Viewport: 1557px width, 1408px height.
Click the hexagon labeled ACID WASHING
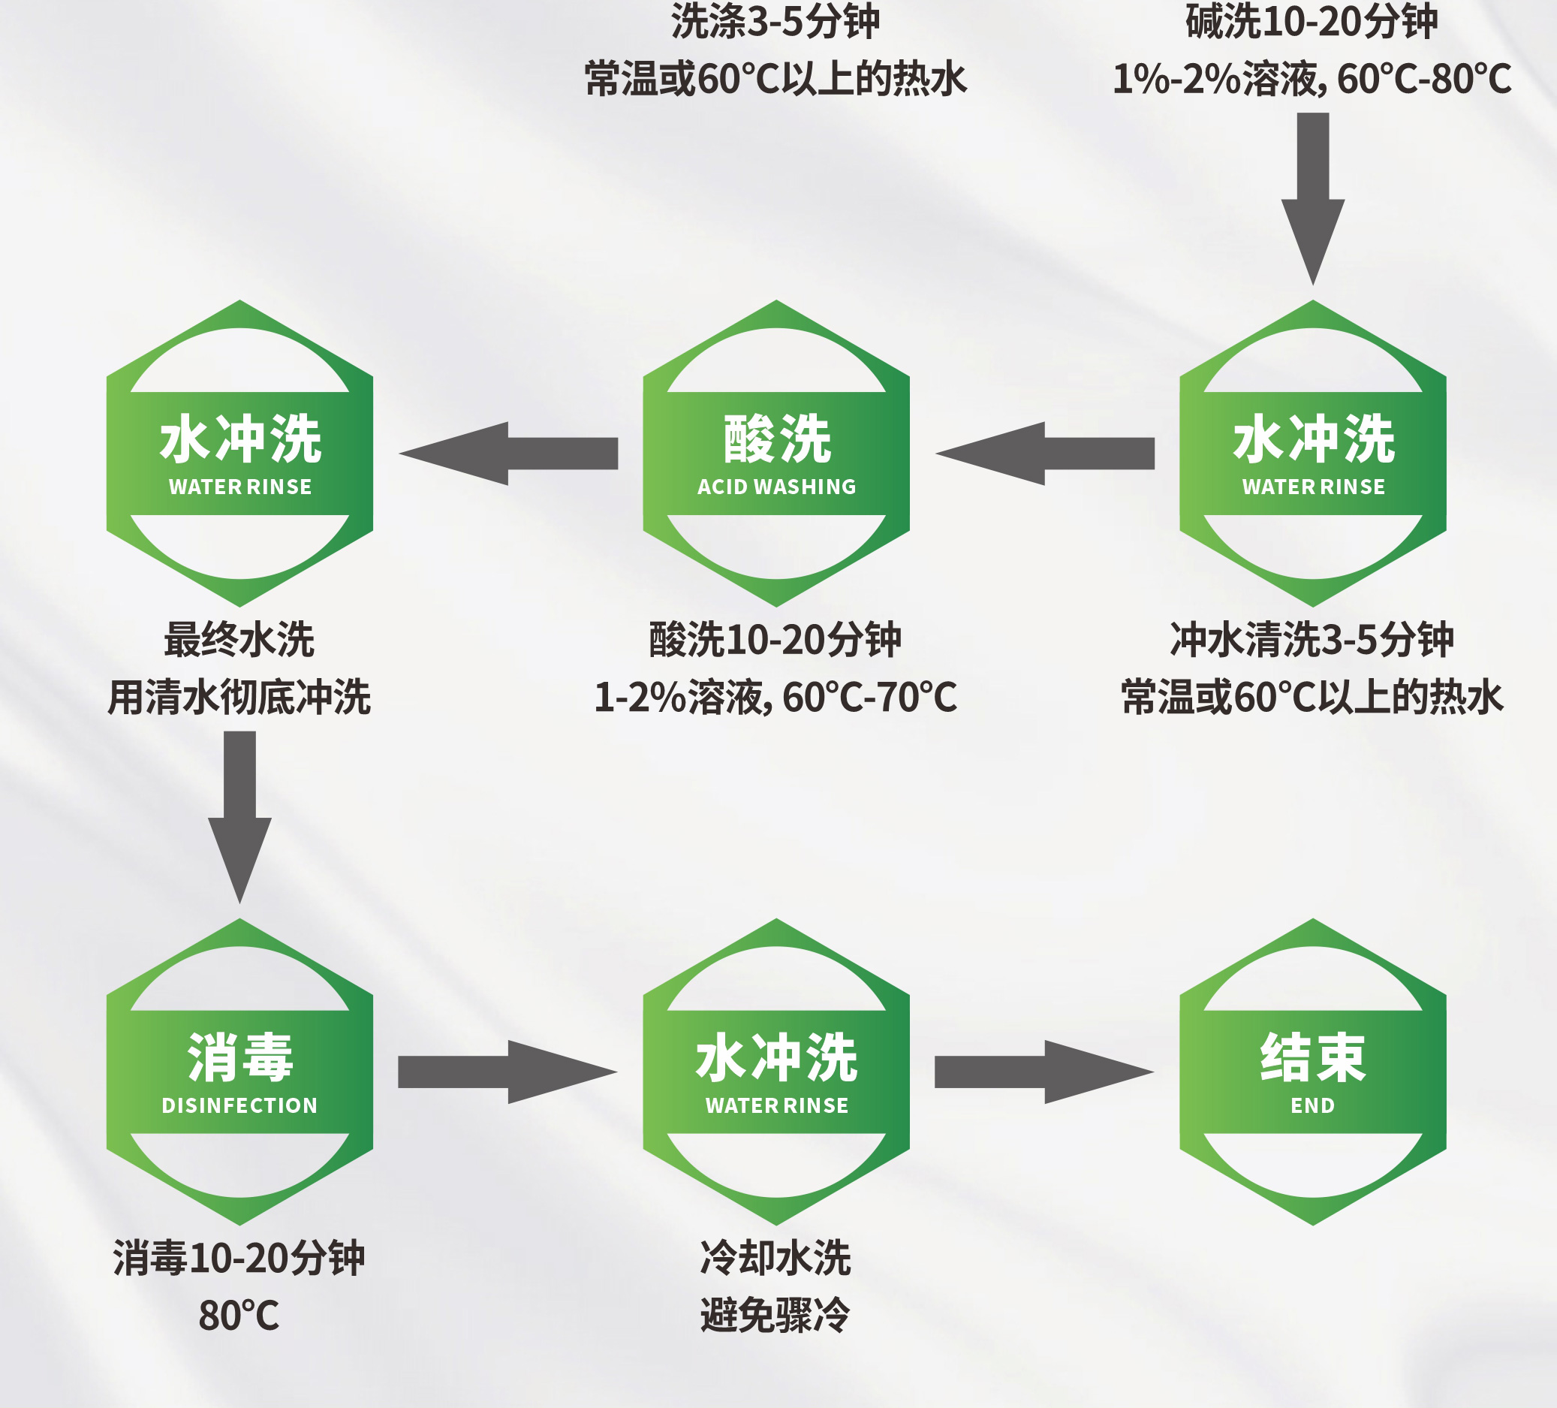[x=776, y=454]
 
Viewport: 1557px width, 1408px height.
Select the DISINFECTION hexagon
[x=239, y=1072]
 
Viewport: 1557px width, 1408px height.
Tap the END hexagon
[x=1312, y=1072]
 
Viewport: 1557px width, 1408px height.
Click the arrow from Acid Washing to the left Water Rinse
[x=509, y=454]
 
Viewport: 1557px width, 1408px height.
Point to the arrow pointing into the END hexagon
[x=1044, y=1072]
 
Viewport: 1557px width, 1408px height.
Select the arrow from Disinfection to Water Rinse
[x=507, y=1072]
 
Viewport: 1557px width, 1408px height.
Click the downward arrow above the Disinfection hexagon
[x=239, y=815]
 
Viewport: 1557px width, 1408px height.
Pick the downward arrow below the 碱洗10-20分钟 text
[x=1312, y=197]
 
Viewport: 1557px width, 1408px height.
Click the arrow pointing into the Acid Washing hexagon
[x=1045, y=454]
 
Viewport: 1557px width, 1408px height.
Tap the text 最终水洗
[x=239, y=640]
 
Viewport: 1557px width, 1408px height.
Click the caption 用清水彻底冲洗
[x=239, y=697]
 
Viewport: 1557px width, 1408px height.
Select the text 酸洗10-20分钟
[x=775, y=640]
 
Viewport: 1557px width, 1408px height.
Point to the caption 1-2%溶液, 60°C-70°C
[x=775, y=697]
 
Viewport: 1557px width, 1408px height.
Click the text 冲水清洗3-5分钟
[x=1312, y=640]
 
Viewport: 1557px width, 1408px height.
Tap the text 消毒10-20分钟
[x=239, y=1257]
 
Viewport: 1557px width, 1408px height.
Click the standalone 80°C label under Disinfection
[x=239, y=1316]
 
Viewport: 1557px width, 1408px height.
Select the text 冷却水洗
[x=775, y=1257]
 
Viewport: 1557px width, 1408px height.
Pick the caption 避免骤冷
[x=775, y=1316]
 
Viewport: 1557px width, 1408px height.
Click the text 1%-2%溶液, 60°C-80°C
[x=1312, y=79]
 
